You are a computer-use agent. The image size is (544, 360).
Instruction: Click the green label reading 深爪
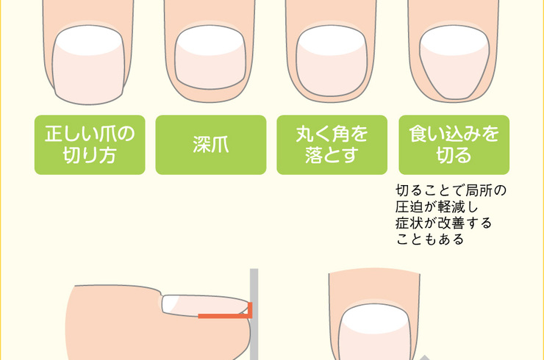211,145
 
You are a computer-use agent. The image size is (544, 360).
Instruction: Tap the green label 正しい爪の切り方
90,145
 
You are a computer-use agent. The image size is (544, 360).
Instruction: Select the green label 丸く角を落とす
332,145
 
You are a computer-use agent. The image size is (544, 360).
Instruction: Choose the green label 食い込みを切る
454,145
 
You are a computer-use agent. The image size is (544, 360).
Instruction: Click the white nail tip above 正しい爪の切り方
89,40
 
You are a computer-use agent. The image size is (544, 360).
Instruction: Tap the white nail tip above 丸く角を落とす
332,40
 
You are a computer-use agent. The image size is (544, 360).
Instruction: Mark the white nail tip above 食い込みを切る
454,40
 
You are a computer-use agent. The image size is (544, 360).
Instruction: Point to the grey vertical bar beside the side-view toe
254,314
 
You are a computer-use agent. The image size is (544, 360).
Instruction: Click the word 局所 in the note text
479,190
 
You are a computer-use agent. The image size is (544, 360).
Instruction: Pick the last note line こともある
430,240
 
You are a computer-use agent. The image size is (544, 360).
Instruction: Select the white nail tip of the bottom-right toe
375,318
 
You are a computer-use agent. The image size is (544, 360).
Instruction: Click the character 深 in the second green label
202,145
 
